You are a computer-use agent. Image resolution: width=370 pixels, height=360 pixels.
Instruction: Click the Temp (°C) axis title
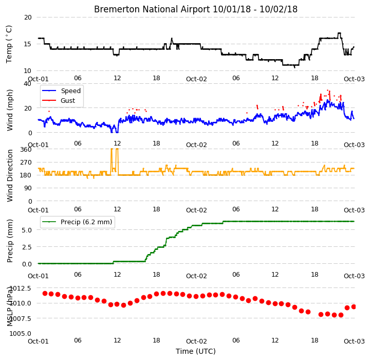point(9,44)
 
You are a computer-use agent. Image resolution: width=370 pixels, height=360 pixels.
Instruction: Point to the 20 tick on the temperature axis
point(28,17)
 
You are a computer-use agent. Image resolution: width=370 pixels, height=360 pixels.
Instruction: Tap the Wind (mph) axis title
point(9,110)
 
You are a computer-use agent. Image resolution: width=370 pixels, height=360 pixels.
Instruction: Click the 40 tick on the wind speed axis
point(28,84)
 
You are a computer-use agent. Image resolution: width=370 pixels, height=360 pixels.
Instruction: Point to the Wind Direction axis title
point(9,175)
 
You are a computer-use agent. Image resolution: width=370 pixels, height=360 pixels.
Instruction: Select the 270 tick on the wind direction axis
point(26,163)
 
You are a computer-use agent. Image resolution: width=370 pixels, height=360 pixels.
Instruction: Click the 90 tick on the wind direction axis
point(28,188)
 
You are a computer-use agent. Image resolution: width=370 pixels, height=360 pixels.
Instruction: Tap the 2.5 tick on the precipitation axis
point(27,247)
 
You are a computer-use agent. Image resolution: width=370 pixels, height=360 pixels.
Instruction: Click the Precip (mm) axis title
point(9,241)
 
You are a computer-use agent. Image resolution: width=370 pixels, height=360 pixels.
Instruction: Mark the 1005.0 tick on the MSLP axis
point(20,333)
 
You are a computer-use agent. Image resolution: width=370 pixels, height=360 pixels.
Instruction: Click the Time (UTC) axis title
point(196,351)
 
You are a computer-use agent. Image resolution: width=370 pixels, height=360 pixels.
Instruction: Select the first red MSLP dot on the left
point(45,293)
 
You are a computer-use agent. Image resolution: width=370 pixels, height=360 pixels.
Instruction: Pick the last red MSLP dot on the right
point(354,307)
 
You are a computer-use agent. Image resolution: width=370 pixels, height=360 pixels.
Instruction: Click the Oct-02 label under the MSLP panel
point(196,341)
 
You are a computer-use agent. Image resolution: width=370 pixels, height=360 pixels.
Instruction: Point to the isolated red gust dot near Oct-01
point(49,111)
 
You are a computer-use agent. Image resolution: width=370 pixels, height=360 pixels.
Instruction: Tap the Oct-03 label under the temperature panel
point(354,79)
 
